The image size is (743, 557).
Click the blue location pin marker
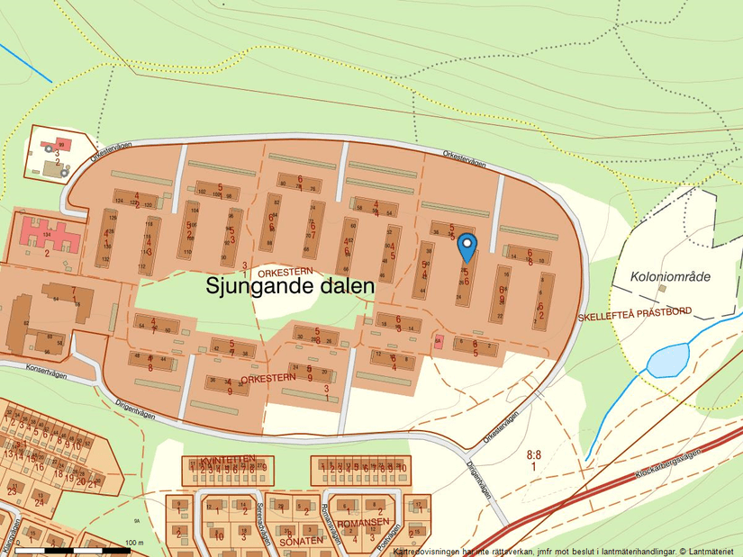[x=467, y=246]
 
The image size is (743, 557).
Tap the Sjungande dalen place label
[x=289, y=286]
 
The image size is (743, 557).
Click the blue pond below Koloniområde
[x=666, y=361]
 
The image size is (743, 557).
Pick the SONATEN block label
[x=301, y=540]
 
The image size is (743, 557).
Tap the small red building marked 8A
[x=439, y=342]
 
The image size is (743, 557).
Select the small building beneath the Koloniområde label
[x=662, y=289]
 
